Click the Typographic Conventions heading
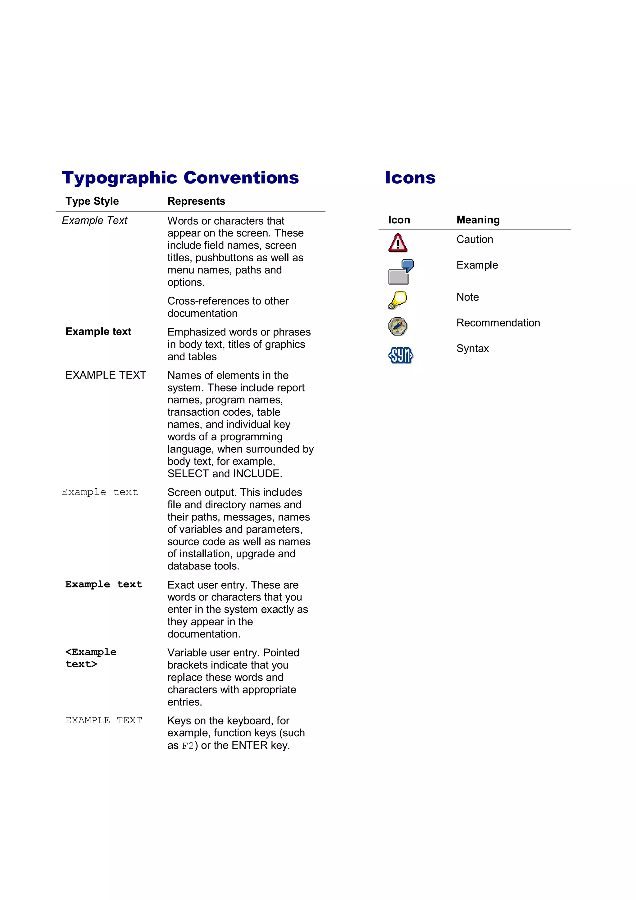180,178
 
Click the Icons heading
410,178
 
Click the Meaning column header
478,220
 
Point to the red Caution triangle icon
397,243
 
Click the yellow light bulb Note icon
397,300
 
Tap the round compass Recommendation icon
397,326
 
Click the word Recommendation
498,323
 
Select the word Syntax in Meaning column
472,349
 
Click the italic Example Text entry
94,221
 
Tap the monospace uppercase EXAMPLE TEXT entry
103,720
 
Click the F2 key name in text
188,746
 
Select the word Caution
474,240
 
